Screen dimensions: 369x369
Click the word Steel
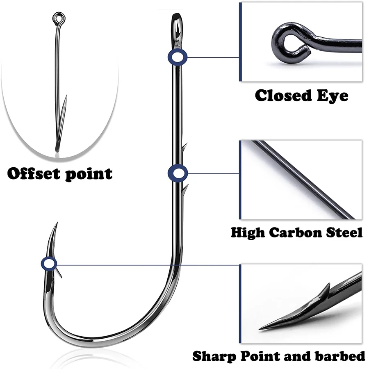[342, 232]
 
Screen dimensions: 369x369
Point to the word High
[248, 232]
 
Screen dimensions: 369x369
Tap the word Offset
[34, 173]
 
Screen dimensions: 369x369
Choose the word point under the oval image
[88, 174]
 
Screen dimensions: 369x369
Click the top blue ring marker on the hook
[177, 57]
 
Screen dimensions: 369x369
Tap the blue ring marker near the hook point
[49, 264]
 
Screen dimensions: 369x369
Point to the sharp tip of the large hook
[57, 223]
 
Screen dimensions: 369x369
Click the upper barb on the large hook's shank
[184, 148]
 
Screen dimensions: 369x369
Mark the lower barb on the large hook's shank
[185, 189]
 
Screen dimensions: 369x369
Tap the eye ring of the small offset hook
[57, 18]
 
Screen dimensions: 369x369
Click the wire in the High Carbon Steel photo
[303, 178]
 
